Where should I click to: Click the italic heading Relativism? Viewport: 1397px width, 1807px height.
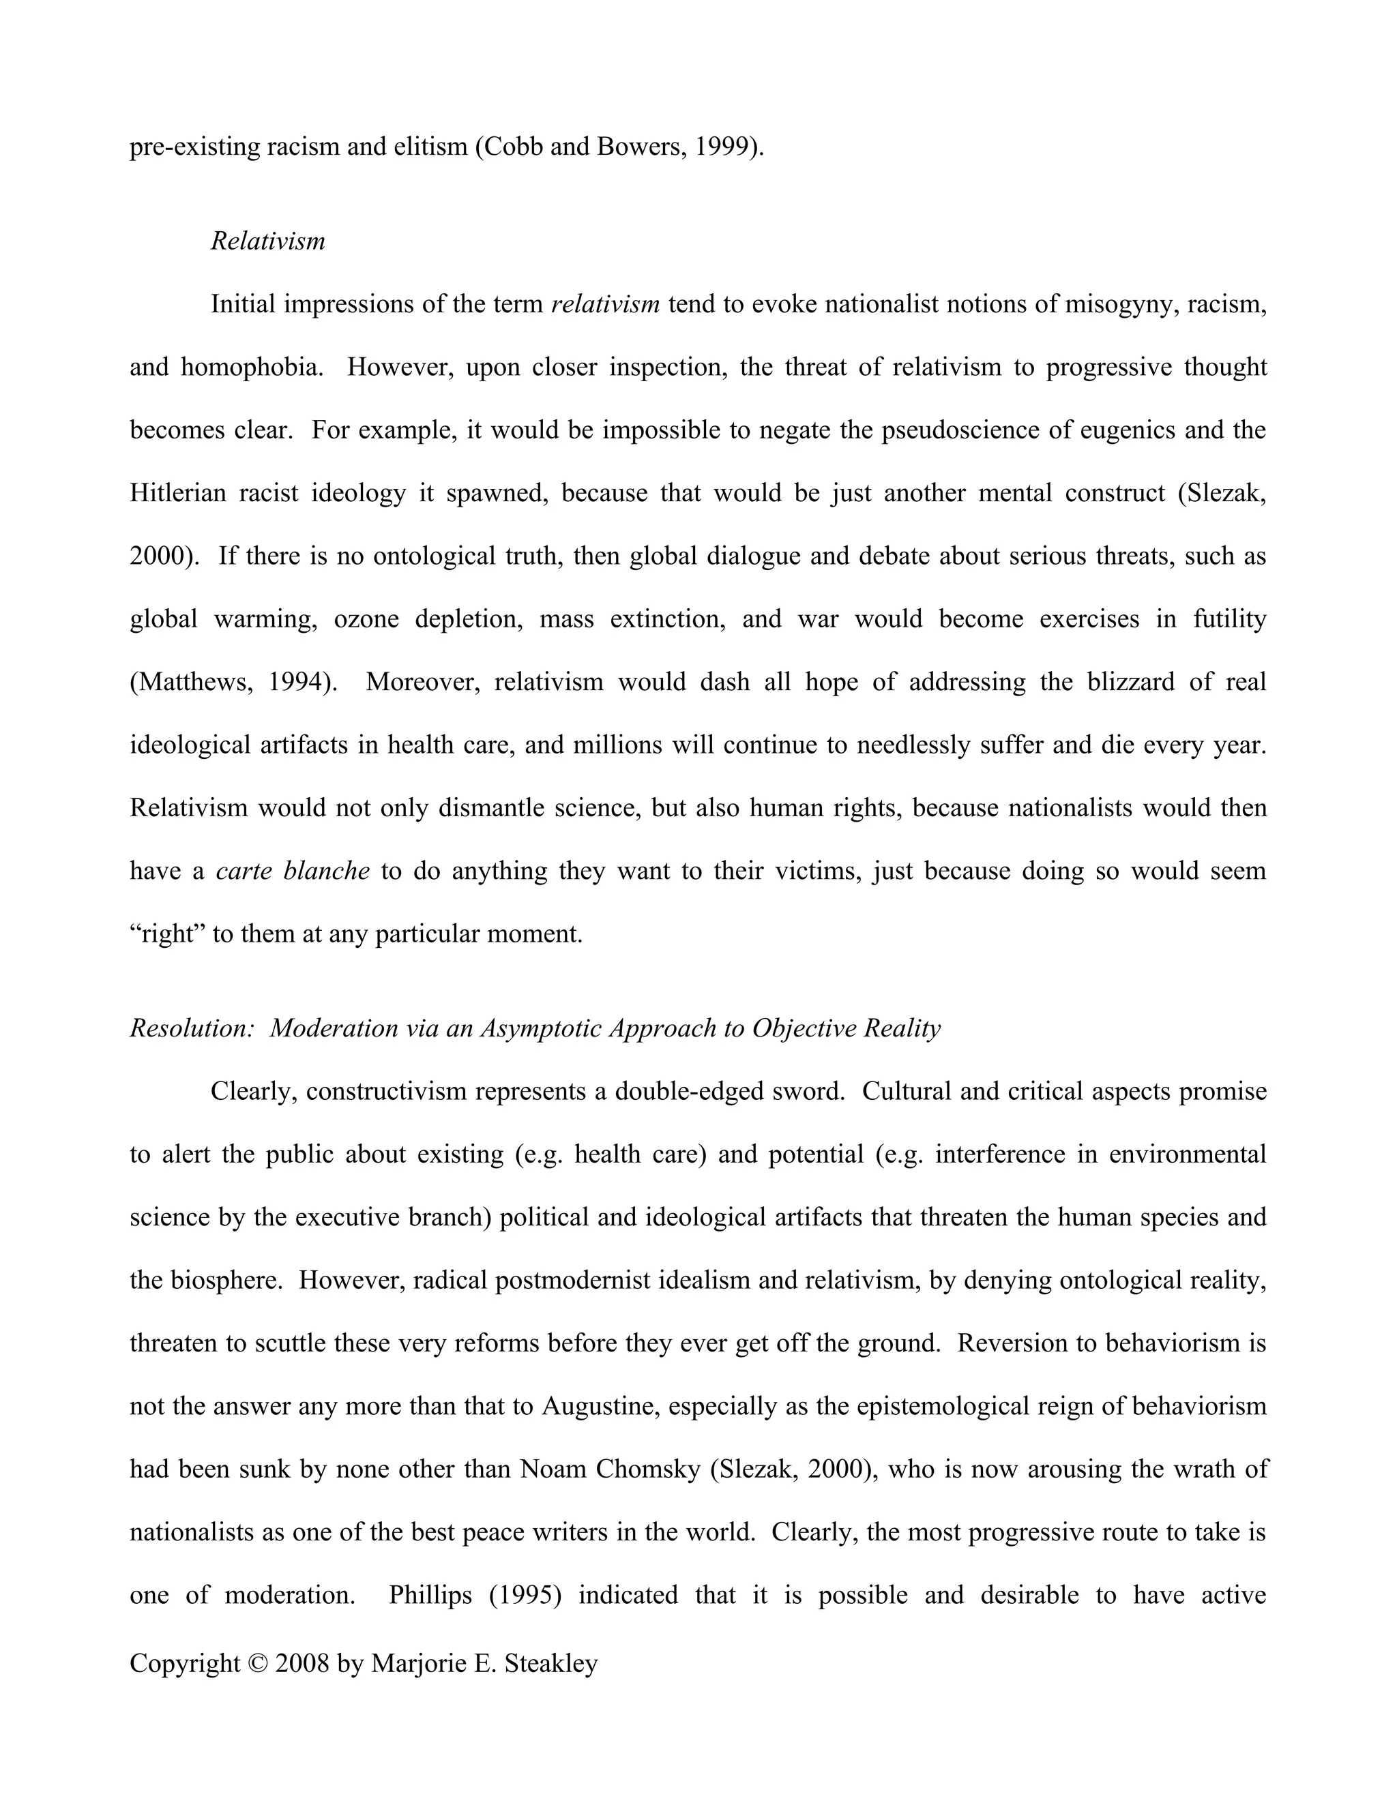[x=267, y=241]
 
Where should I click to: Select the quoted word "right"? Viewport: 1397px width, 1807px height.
[x=167, y=934]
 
